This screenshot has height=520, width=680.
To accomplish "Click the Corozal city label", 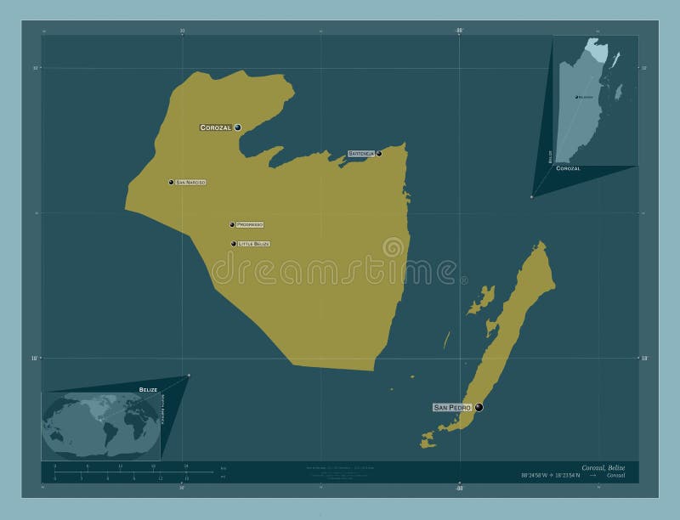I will pos(215,127).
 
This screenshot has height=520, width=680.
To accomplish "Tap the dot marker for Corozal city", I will pos(238,127).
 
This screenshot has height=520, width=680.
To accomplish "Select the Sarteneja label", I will pos(360,154).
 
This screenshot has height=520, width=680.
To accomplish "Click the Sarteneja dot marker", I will pos(379,154).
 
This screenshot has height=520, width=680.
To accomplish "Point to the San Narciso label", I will pos(190,182).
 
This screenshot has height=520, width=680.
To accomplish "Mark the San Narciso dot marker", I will pos(171,182).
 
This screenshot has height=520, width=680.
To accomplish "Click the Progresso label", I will pos(250,224).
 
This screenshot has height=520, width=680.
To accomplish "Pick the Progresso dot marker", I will pos(232,224).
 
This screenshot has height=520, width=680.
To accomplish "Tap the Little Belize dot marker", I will pos(234,244).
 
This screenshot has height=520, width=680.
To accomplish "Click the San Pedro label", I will pos(452,408).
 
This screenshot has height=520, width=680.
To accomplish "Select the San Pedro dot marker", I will pos(479,408).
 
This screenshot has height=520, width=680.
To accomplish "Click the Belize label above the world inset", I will pos(148,388).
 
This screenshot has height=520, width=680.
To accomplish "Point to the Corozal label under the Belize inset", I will pos(568,169).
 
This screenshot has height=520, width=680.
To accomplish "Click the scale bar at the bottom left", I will pos(120,472).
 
